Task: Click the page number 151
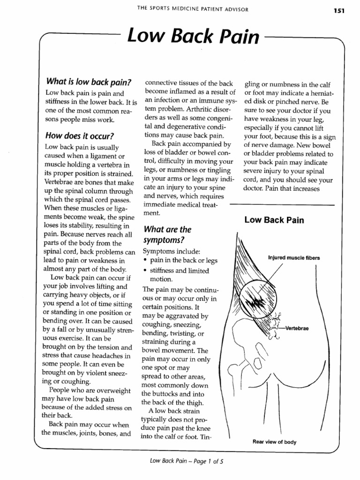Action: pos(339,10)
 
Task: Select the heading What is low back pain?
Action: pos(88,82)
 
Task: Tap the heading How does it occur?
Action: pos(80,136)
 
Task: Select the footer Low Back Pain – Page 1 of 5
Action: pos(186,461)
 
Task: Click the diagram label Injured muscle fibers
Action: pos(294,257)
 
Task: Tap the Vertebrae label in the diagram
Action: pos(297,328)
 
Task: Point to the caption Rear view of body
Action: pos(274,442)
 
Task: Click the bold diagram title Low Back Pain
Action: pos(274,220)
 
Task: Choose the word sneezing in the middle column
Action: pos(187,324)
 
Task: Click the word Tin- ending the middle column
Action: pos(205,437)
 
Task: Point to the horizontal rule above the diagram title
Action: pos(282,205)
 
